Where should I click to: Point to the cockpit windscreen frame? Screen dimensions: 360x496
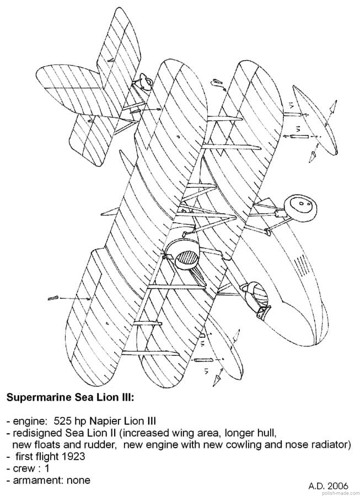[x=256, y=296]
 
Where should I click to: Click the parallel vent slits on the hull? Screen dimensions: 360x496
[x=300, y=265]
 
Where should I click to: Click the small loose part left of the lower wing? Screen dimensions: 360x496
[x=53, y=298]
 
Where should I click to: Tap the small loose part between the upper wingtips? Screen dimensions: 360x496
[x=218, y=82]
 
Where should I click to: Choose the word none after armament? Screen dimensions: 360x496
[x=78, y=480]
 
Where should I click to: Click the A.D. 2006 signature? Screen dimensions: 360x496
[x=328, y=486]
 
